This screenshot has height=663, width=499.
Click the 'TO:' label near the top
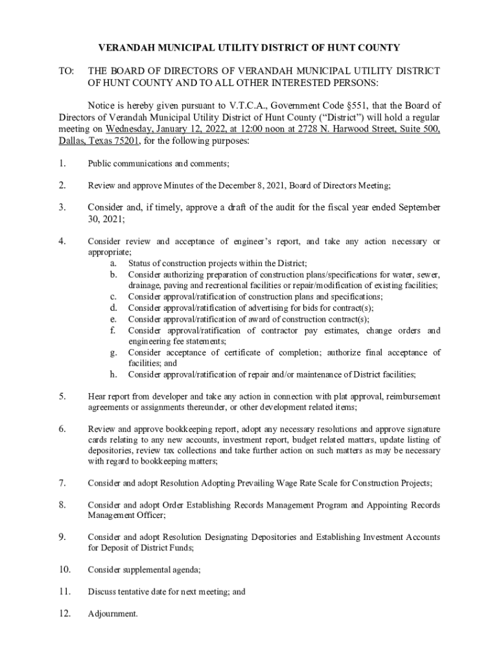point(67,70)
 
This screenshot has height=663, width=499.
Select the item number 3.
point(62,207)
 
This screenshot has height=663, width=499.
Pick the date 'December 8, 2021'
point(246,186)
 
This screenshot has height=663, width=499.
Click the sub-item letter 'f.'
point(113,330)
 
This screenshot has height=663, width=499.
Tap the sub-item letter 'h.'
point(113,374)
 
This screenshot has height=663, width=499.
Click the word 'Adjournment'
point(112,614)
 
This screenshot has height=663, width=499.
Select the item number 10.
point(64,570)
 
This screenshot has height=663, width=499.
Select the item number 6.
point(62,429)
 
